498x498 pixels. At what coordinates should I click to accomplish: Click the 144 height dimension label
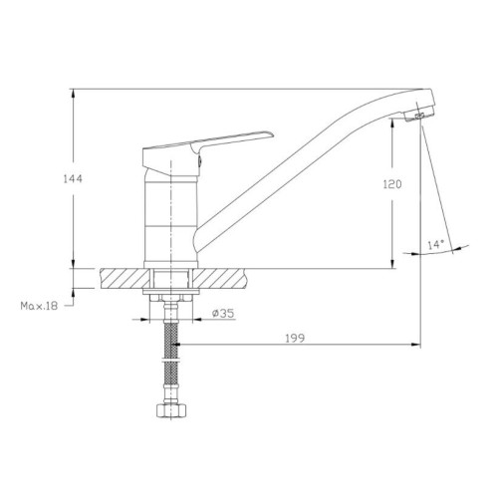[73, 179]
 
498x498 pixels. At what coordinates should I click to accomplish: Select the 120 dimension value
[392, 184]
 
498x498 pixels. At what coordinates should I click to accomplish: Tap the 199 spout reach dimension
[295, 339]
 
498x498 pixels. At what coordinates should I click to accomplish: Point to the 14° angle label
[435, 245]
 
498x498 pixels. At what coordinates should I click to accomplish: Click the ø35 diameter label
[223, 313]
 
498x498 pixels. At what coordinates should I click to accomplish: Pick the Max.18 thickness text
[39, 306]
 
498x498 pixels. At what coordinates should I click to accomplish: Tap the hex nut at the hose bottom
[171, 410]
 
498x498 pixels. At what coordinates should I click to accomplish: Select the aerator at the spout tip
[419, 116]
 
